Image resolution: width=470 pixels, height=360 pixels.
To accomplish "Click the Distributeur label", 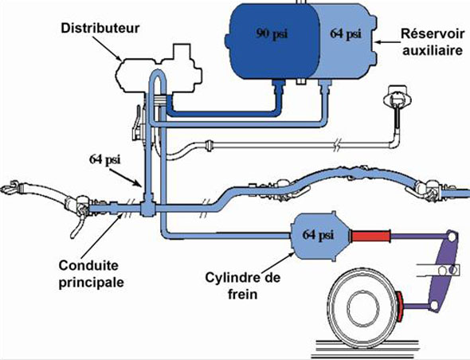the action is click(100, 28).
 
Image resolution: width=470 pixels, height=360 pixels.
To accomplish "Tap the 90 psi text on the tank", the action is click(272, 33).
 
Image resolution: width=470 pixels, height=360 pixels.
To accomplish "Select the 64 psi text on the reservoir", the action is click(346, 33).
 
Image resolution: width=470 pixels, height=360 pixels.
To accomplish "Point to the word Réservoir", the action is click(433, 33).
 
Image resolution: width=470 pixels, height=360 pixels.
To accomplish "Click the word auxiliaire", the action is click(433, 50).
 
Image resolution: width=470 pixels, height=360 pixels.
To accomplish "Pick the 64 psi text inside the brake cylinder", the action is click(318, 234).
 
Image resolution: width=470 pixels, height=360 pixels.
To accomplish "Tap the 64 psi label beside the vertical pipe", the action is click(104, 159).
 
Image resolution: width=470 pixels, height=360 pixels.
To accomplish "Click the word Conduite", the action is click(88, 265).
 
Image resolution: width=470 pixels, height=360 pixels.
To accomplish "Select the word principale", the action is click(91, 283).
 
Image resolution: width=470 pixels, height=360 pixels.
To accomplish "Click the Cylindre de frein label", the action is click(242, 286).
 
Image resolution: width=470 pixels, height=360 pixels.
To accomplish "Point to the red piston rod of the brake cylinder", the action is click(370, 237).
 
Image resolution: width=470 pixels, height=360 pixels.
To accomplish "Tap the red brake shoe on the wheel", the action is click(399, 307).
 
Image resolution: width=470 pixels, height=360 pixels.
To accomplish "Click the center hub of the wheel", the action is click(363, 309).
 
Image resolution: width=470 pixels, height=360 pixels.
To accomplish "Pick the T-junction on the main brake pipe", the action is click(148, 207).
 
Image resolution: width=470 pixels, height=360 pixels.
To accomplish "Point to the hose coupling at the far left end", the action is click(14, 187).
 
